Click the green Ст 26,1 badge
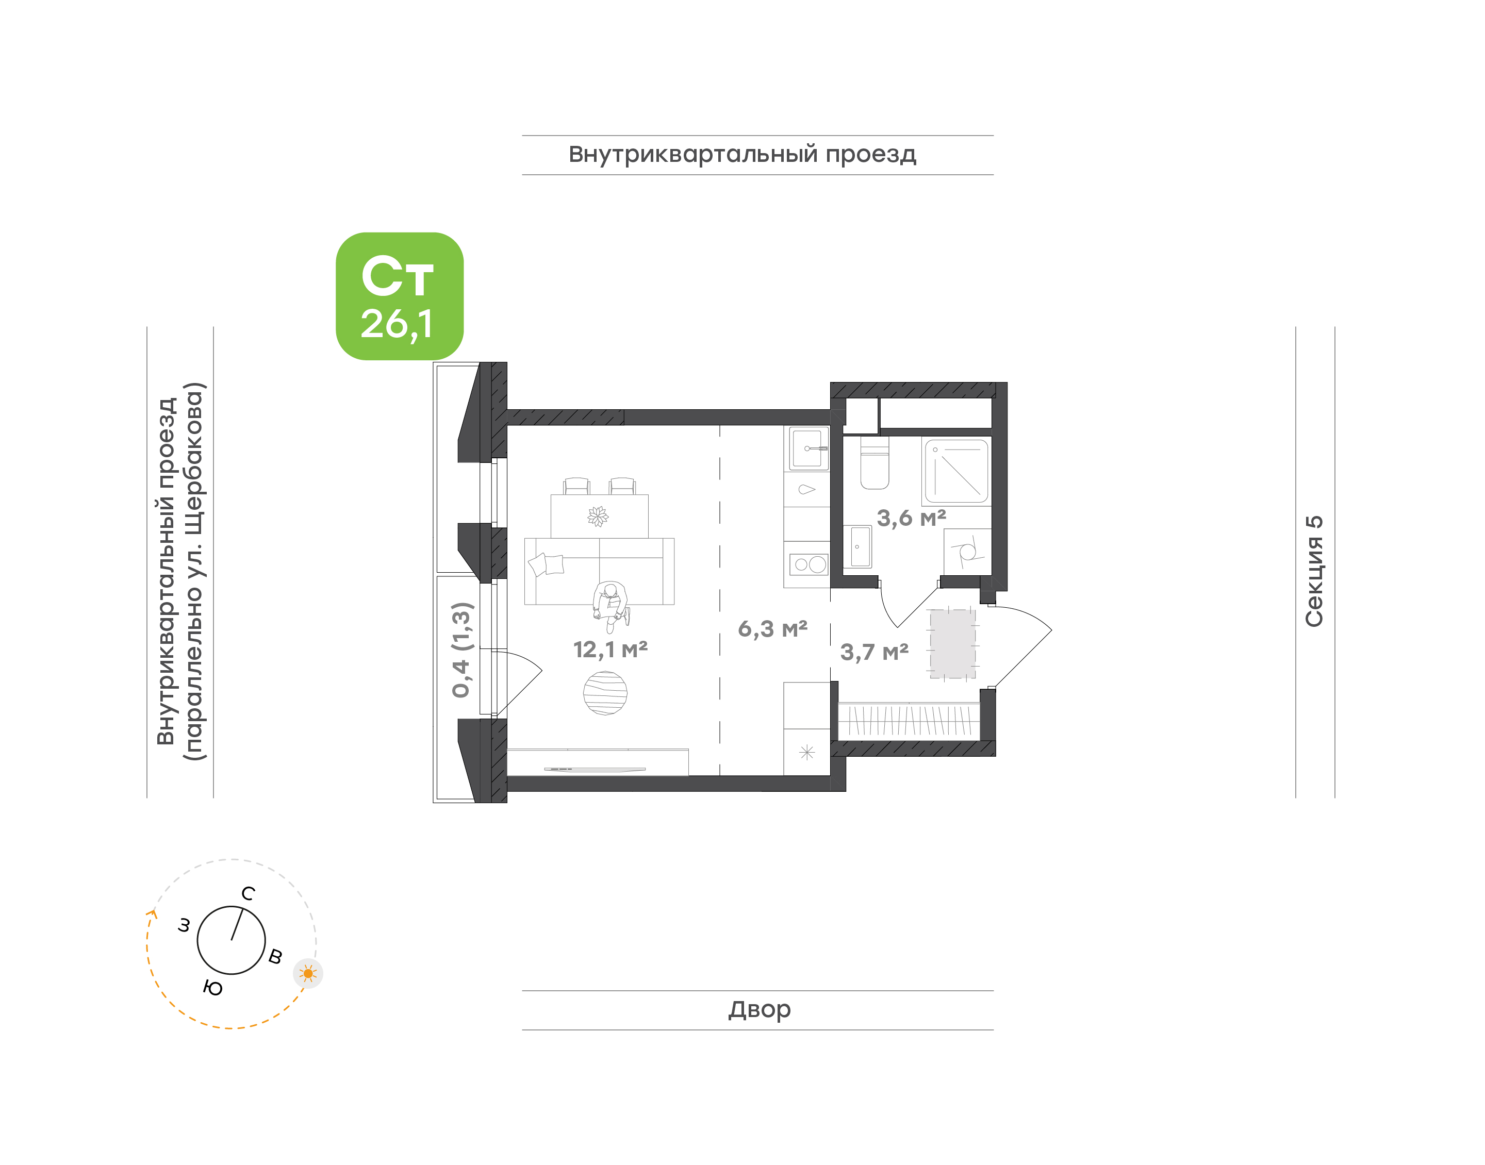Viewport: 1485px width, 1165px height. (399, 296)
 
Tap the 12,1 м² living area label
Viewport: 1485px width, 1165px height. (610, 650)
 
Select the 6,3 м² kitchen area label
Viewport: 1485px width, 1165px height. (772, 629)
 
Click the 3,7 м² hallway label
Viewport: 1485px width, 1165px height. (874, 653)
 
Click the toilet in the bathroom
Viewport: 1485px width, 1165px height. (874, 462)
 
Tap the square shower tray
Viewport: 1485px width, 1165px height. (956, 471)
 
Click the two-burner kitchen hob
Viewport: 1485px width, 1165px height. (809, 564)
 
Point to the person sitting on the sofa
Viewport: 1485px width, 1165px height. (610, 606)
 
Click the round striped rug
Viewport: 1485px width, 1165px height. (605, 693)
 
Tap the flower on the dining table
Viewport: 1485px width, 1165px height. (598, 517)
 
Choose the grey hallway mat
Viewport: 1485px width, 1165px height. (953, 644)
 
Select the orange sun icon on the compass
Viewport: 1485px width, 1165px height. (308, 973)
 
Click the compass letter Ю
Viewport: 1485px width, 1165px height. (213, 988)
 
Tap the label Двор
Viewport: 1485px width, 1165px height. (759, 1009)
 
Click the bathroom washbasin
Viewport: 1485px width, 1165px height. (860, 547)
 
